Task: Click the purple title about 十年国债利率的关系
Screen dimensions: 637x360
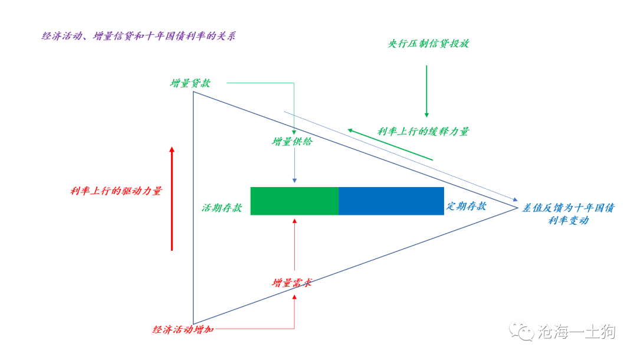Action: coord(139,36)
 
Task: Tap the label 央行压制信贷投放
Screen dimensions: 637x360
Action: coord(429,44)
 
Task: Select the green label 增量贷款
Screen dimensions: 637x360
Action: coord(190,83)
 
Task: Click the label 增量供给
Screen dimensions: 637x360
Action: coord(292,142)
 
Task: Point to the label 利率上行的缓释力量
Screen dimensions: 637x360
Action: coord(423,131)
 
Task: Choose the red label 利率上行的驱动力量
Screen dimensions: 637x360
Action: coord(116,191)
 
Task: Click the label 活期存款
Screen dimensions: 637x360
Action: coord(222,208)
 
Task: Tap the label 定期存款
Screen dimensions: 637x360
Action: coord(467,206)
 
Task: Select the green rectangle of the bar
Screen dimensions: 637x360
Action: coord(294,201)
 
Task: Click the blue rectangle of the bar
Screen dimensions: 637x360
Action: coord(391,201)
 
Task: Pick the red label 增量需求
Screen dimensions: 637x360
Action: coord(292,283)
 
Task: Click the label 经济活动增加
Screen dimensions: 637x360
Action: coord(183,329)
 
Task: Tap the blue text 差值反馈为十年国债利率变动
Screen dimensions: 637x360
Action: coord(569,214)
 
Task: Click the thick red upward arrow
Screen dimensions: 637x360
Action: coord(172,199)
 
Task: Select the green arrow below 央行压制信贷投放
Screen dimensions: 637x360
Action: coord(426,91)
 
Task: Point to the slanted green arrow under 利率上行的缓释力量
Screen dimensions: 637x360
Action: coord(390,145)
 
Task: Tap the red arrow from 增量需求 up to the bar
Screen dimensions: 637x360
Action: coord(294,244)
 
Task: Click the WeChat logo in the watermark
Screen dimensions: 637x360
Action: coord(521,330)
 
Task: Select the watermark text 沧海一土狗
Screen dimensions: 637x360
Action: coord(577,332)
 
